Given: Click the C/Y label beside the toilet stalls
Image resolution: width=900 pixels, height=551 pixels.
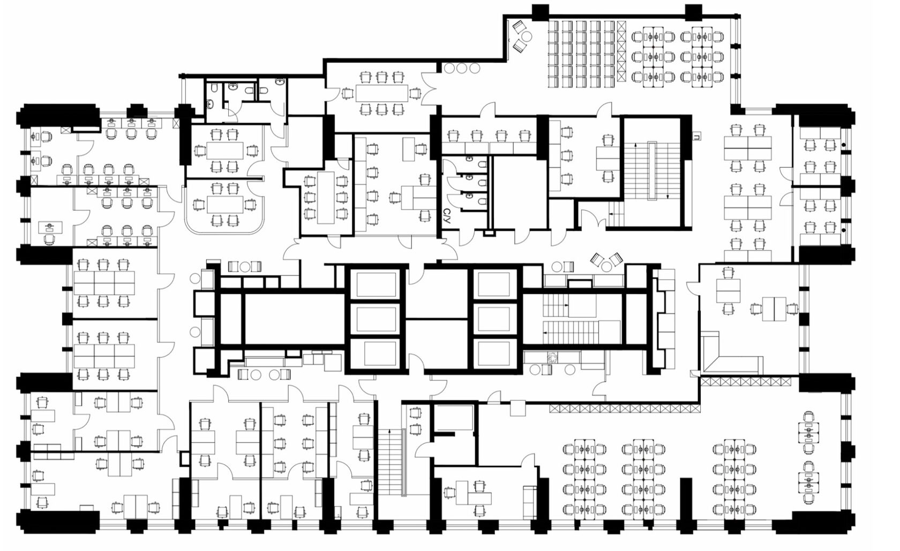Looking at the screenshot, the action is click(446, 215).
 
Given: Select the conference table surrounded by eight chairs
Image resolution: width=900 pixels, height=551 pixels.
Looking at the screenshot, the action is click(381, 93).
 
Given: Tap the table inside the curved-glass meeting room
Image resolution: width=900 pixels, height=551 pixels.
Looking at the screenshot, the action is click(225, 205).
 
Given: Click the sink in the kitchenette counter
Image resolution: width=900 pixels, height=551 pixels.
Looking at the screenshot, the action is click(552, 357).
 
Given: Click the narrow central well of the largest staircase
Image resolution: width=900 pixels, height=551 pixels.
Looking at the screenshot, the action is click(651, 171).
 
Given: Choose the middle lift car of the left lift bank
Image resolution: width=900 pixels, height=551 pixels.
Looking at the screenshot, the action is click(376, 319).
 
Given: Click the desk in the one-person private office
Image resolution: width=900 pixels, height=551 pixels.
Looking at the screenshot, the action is click(50, 228).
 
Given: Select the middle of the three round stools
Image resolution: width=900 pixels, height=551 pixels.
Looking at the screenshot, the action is click(462, 68).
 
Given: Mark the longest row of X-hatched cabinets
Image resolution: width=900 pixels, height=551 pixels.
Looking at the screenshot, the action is click(625, 408).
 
